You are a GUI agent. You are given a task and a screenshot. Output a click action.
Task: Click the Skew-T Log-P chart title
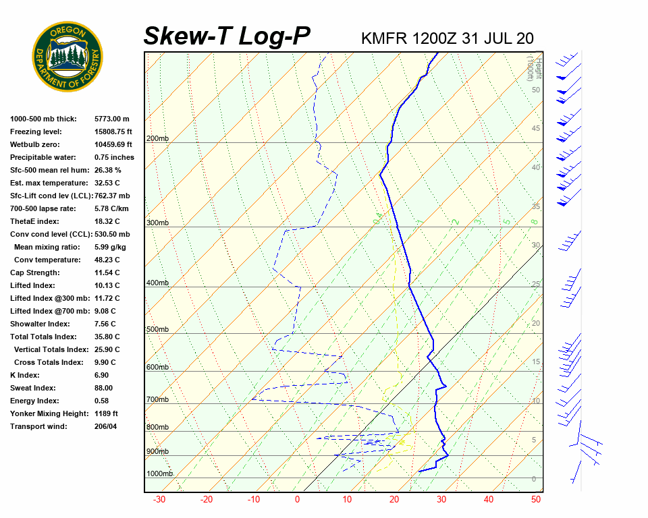tap(227, 36)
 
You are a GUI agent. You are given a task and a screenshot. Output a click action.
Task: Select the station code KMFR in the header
tap(384, 38)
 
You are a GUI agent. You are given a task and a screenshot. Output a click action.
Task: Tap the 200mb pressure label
tap(157, 138)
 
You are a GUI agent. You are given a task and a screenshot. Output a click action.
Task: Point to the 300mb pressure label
tap(157, 223)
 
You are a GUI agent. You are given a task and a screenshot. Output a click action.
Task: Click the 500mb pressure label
tap(157, 329)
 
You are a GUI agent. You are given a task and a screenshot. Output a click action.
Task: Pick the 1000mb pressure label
tap(160, 473)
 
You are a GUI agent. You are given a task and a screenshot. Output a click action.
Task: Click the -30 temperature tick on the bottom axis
tap(159, 500)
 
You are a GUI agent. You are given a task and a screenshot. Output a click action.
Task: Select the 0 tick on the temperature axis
tap(297, 500)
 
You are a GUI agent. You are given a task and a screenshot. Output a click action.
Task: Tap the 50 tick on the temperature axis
tap(536, 500)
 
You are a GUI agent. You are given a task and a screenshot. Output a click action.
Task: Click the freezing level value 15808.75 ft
tap(113, 132)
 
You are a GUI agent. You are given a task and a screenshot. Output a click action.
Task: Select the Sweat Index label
tap(33, 388)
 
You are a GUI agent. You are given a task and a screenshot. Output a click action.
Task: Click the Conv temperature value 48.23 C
tap(107, 260)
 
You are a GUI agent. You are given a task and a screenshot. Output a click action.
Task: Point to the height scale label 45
tap(536, 129)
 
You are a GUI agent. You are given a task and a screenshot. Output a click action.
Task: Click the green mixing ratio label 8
tap(534, 221)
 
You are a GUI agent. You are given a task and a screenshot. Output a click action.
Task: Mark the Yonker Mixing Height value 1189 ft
tap(107, 413)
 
